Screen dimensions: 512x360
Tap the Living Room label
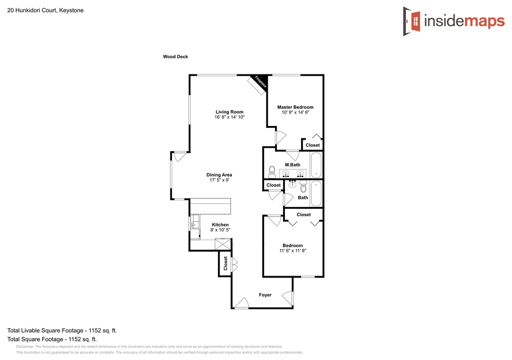pos(229,112)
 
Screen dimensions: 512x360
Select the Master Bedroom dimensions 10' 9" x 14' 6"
pos(295,112)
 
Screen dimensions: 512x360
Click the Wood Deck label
pos(175,57)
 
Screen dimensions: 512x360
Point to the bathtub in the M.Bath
pos(316,165)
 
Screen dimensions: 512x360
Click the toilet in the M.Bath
pos(272,171)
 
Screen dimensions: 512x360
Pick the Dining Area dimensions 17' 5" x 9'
pos(219,180)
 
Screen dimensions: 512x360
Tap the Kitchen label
pos(220,225)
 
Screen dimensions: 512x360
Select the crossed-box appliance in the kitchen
pos(223,244)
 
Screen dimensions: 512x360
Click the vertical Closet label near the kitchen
pos(225,263)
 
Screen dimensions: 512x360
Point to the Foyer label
pos(265,295)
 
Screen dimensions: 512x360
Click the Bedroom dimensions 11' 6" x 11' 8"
pos(293,251)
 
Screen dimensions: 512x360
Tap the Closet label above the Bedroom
pos(304,215)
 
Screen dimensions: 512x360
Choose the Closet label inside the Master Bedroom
pos(312,145)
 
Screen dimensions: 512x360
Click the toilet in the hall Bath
pos(303,186)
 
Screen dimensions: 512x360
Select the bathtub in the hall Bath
pos(316,194)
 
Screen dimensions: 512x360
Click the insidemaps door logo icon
pos(412,21)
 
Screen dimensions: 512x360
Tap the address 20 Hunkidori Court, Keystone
pos(46,10)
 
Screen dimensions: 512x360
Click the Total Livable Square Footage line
pos(62,330)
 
